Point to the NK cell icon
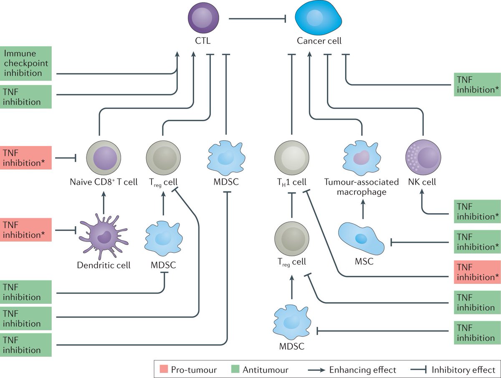(x=423, y=157)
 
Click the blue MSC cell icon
(x=360, y=239)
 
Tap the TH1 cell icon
(x=292, y=157)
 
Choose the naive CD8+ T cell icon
(x=104, y=157)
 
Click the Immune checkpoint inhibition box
(x=26, y=63)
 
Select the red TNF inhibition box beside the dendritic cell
(x=26, y=229)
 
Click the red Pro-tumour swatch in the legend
(x=163, y=369)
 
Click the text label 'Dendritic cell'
(x=104, y=265)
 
